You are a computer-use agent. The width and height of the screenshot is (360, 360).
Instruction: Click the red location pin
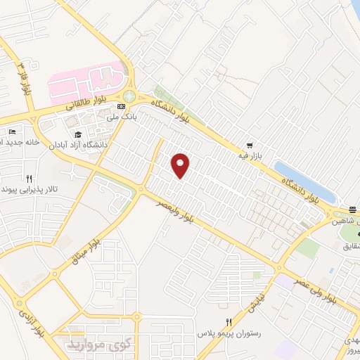click(x=181, y=165)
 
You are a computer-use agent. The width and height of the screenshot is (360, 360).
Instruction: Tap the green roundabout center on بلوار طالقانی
click(x=129, y=98)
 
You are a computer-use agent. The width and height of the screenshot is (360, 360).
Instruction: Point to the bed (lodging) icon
click(x=11, y=131)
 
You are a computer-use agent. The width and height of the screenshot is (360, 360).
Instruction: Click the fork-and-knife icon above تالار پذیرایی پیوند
click(x=29, y=179)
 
